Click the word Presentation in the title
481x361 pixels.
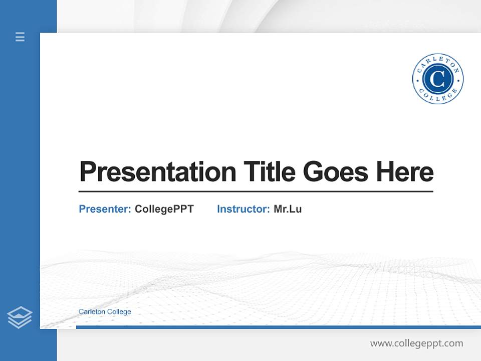pyautogui.click(x=157, y=172)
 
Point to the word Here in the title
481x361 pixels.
pyautogui.click(x=405, y=172)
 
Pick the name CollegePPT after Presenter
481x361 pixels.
pyautogui.click(x=164, y=209)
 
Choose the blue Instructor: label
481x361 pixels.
pyautogui.click(x=244, y=209)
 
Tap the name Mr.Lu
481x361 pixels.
pyautogui.click(x=288, y=209)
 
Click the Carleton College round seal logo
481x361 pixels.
pyautogui.click(x=437, y=79)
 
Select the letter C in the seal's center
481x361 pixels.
pyautogui.click(x=437, y=79)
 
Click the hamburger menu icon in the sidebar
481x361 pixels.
pyautogui.click(x=20, y=37)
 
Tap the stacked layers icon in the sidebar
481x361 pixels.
pyautogui.click(x=20, y=317)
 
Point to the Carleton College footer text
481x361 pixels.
pyautogui.click(x=105, y=311)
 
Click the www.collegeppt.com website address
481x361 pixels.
pyautogui.click(x=416, y=343)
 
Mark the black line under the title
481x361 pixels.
pyautogui.click(x=256, y=192)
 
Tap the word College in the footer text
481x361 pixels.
pyautogui.click(x=119, y=311)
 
